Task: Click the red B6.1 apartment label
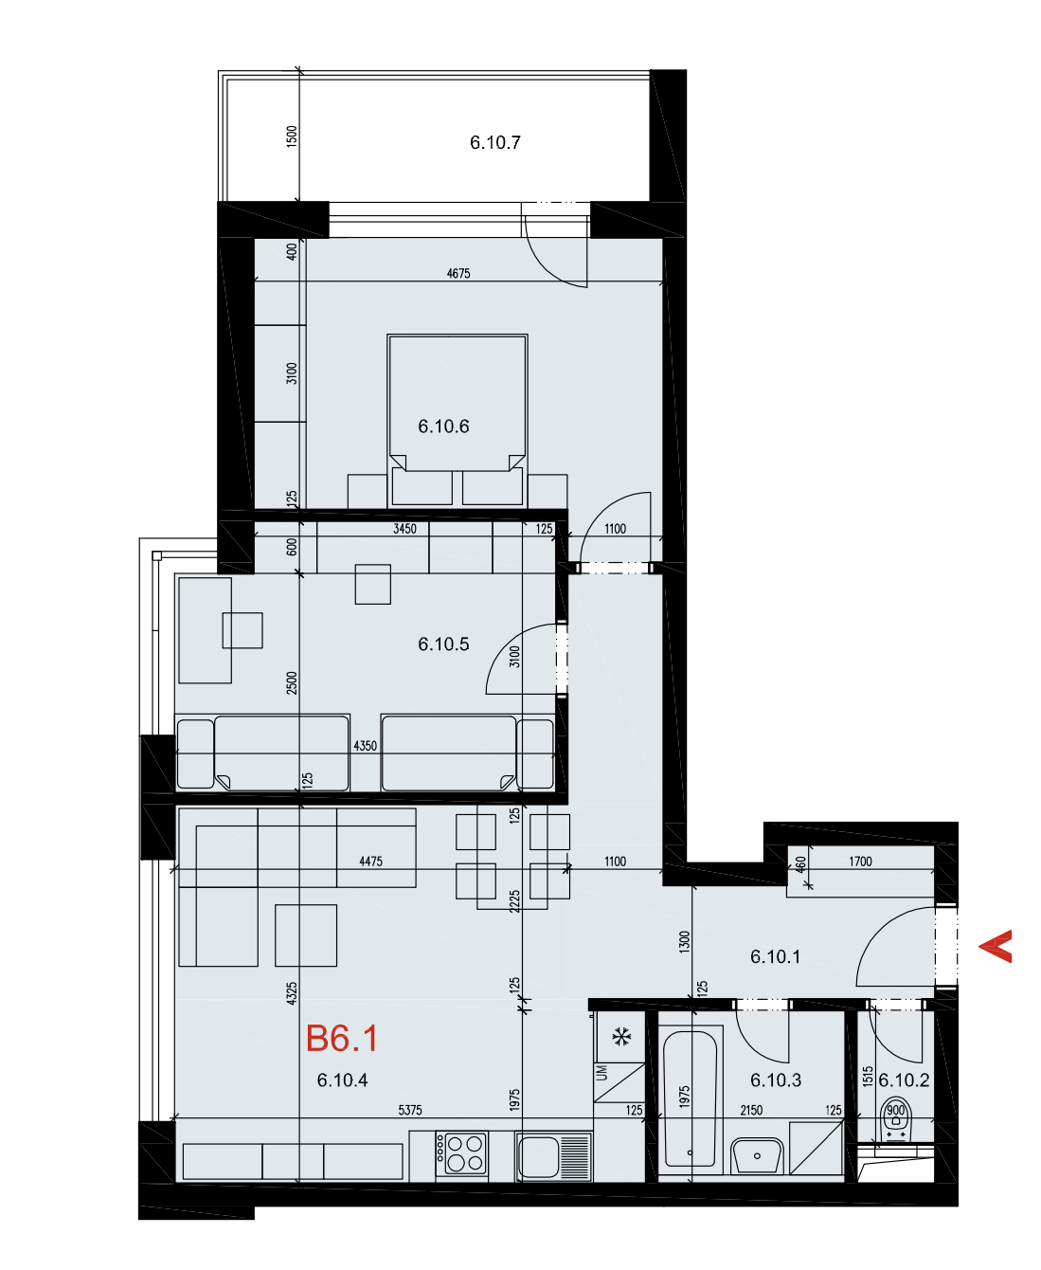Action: (341, 1038)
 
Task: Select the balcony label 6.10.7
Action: (494, 142)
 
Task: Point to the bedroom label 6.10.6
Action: (443, 426)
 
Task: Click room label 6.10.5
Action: (443, 644)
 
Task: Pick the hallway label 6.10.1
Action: (775, 957)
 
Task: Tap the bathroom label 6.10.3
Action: (775, 1080)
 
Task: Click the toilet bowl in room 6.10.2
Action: (895, 1119)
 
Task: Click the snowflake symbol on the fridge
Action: (621, 1037)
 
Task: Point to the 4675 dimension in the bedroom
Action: (458, 273)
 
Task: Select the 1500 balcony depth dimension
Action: (291, 136)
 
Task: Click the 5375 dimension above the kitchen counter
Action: (410, 1110)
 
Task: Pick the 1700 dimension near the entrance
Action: (860, 862)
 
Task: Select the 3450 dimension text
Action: (404, 529)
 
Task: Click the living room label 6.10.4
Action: (342, 1080)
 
